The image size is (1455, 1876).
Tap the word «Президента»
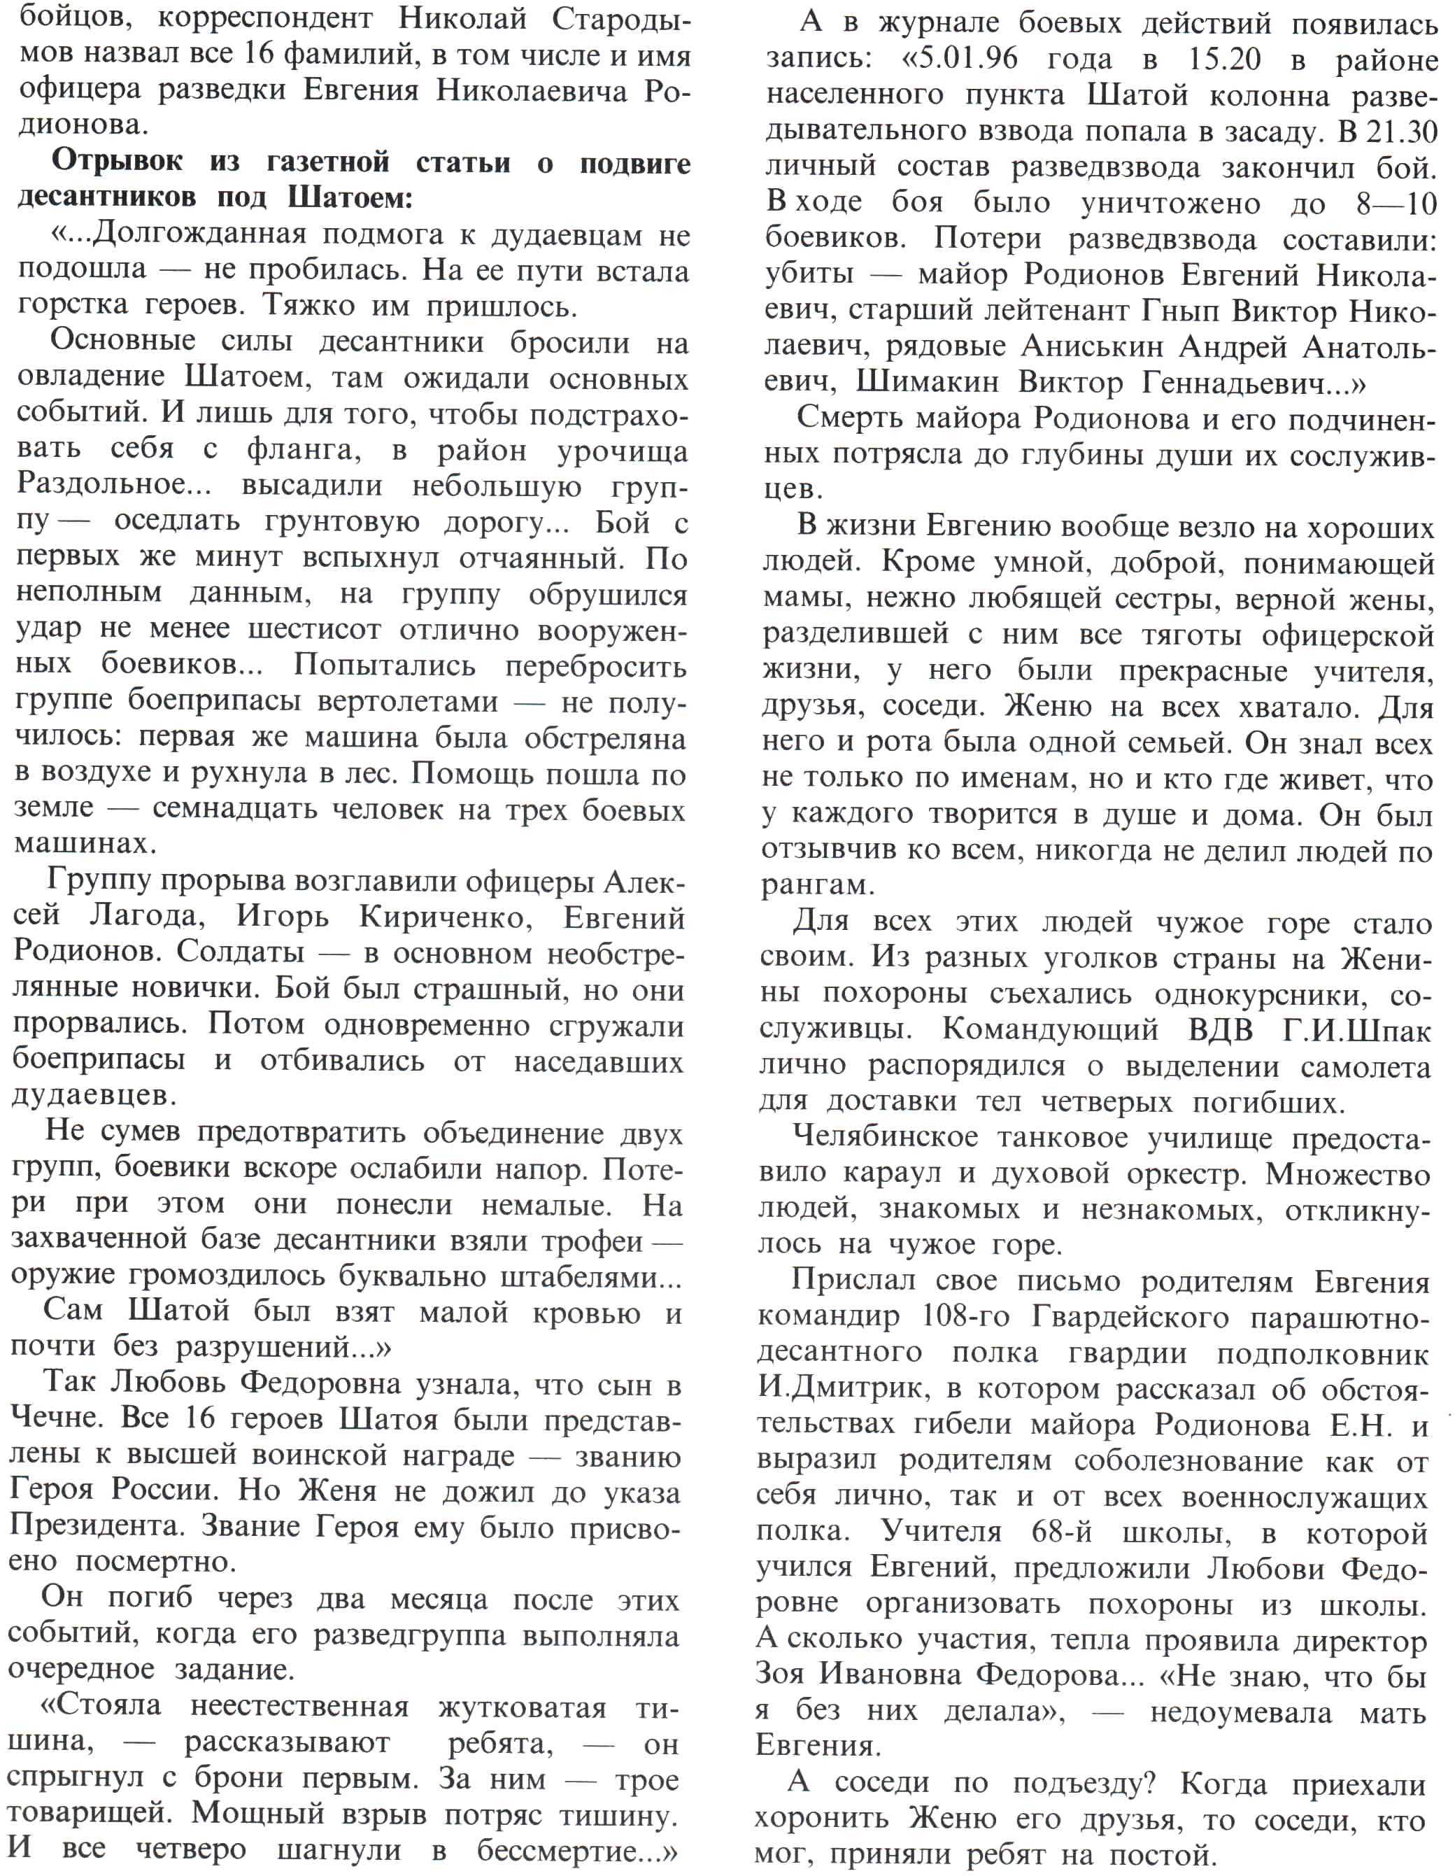pos(97,1525)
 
